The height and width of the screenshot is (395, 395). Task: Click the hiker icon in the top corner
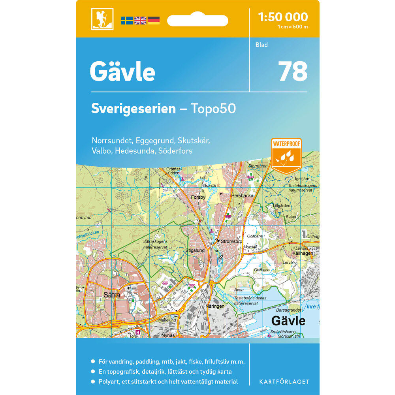102,19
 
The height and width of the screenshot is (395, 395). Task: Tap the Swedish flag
127,21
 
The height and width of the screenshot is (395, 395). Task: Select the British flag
140,21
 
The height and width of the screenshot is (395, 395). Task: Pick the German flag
153,21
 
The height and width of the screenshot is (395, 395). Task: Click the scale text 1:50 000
282,17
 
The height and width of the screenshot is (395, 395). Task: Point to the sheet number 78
293,71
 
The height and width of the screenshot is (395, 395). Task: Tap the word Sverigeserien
134,109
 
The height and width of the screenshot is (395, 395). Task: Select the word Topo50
213,109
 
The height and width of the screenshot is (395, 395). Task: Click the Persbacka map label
243,195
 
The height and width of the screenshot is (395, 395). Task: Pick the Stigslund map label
195,250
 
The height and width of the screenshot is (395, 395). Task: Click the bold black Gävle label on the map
288,320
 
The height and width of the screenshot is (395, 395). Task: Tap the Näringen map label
215,306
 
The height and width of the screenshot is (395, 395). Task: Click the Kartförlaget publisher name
284,382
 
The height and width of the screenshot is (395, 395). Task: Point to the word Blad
261,45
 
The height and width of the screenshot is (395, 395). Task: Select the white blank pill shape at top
197,20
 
